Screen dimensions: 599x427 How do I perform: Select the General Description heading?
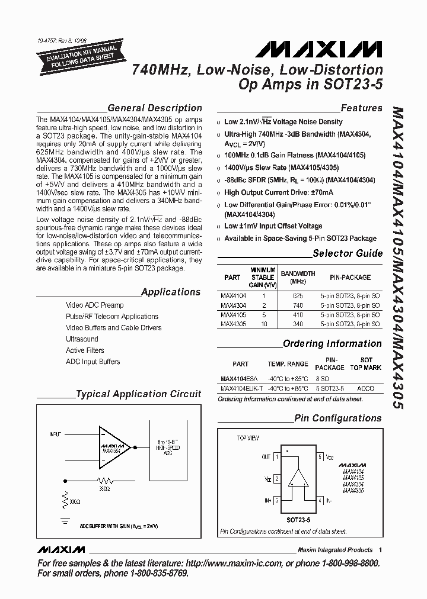tap(154, 108)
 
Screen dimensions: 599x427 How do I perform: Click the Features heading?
tap(361, 108)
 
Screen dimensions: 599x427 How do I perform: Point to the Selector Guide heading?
tap(348, 254)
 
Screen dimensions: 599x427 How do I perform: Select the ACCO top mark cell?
tap(367, 388)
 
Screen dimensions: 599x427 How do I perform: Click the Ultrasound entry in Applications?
tap(82, 339)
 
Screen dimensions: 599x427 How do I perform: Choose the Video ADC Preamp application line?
tap(95, 305)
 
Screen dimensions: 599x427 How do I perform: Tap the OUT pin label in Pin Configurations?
tap(265, 457)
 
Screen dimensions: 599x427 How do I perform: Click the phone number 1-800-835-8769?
tap(148, 574)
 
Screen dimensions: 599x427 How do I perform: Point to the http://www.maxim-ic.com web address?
tap(246, 563)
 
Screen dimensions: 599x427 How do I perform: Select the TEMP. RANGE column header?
tap(288, 364)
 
